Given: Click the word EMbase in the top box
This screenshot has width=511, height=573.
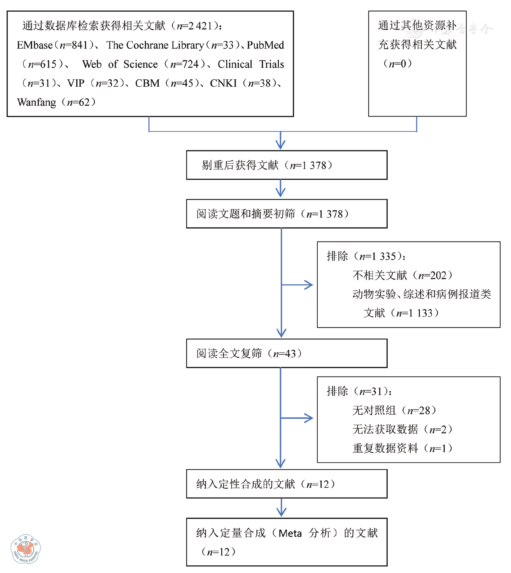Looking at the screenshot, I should click(35, 45).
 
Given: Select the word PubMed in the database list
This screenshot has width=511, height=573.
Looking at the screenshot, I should click(265, 45).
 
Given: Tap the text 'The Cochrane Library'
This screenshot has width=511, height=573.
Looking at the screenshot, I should click(155, 45).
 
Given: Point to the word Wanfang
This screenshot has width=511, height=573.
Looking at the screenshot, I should click(37, 102).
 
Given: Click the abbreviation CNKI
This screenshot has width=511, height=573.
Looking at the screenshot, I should click(223, 83).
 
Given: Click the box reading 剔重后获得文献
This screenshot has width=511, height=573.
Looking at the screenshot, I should click(287, 165).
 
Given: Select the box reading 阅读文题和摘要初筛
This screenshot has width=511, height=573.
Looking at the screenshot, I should click(287, 214).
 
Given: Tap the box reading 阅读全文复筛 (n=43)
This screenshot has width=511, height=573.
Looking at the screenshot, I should click(287, 353).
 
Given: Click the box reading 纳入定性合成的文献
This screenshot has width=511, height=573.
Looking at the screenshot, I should click(287, 484).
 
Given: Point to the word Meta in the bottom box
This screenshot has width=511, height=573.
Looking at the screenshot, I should click(290, 533).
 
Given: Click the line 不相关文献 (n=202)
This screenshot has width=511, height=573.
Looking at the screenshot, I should click(402, 275).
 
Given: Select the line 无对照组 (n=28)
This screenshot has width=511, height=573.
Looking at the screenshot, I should click(394, 410).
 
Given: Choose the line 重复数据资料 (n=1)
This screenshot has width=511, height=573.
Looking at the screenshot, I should click(402, 448).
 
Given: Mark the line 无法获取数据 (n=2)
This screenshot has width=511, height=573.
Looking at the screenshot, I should click(402, 429).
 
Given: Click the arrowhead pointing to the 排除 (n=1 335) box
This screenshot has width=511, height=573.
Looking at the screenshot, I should click(309, 285).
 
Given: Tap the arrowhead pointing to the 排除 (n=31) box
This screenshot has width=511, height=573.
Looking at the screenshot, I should click(309, 418).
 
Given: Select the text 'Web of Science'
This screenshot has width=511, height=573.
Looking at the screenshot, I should click(120, 64).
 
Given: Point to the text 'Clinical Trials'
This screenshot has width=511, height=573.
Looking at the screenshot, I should click(251, 64).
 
